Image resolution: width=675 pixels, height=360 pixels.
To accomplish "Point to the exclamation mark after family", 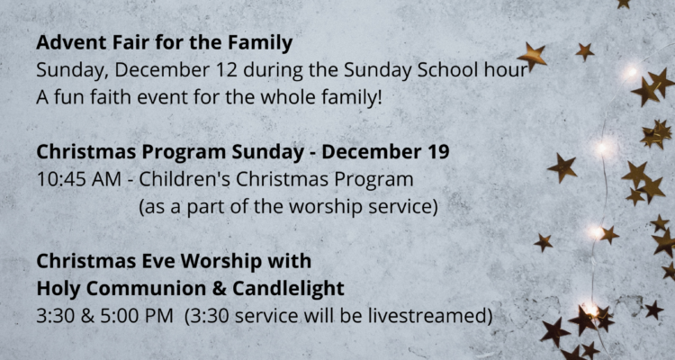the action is coord(379,97).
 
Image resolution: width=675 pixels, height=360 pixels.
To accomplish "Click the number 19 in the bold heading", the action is coord(438,152).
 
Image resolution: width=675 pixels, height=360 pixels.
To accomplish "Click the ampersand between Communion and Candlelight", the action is coord(220,289).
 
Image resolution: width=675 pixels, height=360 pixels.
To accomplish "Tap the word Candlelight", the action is coord(288,290).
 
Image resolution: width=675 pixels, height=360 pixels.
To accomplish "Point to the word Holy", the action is coord(58,290).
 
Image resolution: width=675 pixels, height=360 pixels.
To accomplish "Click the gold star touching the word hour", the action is coord(532,56).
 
